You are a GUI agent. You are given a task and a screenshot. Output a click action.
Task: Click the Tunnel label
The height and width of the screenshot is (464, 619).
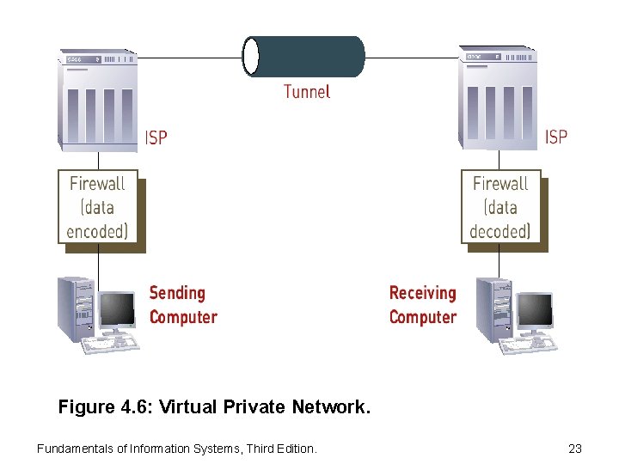(x=307, y=91)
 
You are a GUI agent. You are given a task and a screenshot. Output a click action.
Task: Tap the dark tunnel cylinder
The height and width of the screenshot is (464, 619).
(x=309, y=57)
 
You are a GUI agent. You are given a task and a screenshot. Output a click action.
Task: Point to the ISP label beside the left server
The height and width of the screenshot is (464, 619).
(x=156, y=137)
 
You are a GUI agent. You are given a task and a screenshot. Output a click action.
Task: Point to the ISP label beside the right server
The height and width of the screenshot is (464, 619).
(x=556, y=137)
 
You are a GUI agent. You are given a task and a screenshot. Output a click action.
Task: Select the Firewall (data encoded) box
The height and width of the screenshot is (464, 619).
(x=98, y=207)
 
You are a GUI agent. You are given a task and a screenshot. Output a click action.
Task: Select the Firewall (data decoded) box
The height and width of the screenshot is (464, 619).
(x=500, y=207)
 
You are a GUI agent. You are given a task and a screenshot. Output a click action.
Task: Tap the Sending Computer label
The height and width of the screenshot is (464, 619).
(x=183, y=305)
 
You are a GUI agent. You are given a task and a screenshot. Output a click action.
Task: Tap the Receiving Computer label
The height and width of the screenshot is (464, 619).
(x=423, y=305)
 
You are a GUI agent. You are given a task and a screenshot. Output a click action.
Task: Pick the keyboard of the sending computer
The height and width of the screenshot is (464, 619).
(x=110, y=344)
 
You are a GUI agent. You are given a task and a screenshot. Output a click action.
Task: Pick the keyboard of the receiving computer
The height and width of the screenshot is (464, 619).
(x=528, y=344)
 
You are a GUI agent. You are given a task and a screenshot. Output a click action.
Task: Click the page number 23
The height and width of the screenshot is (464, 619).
(x=575, y=448)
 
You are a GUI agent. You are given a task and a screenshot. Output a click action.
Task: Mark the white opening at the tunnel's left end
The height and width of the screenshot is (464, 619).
(x=251, y=57)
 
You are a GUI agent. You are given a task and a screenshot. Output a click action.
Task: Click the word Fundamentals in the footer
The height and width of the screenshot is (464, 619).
(x=72, y=448)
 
